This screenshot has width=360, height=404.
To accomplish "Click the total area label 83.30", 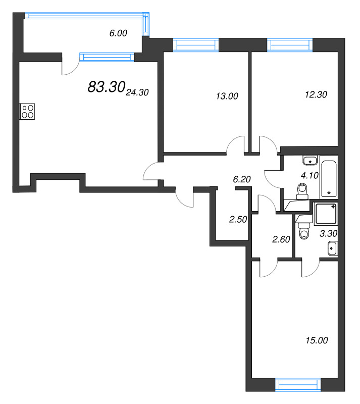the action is click(107, 86).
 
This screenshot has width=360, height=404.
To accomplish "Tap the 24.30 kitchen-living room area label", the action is click(137, 92).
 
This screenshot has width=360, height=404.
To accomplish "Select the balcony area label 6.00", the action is click(118, 33).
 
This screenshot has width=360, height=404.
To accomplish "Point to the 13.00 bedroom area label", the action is click(227, 96).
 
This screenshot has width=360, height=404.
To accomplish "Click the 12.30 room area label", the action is click(316, 94).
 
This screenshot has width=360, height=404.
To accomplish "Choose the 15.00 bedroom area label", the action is click(317, 340).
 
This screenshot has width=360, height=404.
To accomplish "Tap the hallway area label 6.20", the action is click(242, 179).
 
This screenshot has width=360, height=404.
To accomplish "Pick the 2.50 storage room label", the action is click(238, 219).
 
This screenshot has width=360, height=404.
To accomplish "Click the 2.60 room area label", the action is click(281, 239).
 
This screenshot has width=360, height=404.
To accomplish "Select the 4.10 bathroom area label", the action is click(310, 175).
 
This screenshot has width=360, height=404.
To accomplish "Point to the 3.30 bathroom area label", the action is click(328, 233).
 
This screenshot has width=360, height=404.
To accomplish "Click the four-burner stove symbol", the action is click(27, 111).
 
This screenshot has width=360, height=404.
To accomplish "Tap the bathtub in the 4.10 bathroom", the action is click(329, 179).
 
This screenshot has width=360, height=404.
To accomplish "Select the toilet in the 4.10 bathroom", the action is click(302, 191).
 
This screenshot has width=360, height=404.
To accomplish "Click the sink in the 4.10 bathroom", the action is click(310, 160).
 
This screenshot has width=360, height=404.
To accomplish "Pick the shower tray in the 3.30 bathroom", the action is click(326, 214).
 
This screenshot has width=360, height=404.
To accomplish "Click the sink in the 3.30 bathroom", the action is click(332, 248).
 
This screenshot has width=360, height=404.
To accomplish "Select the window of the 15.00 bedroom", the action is click(298, 385).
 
